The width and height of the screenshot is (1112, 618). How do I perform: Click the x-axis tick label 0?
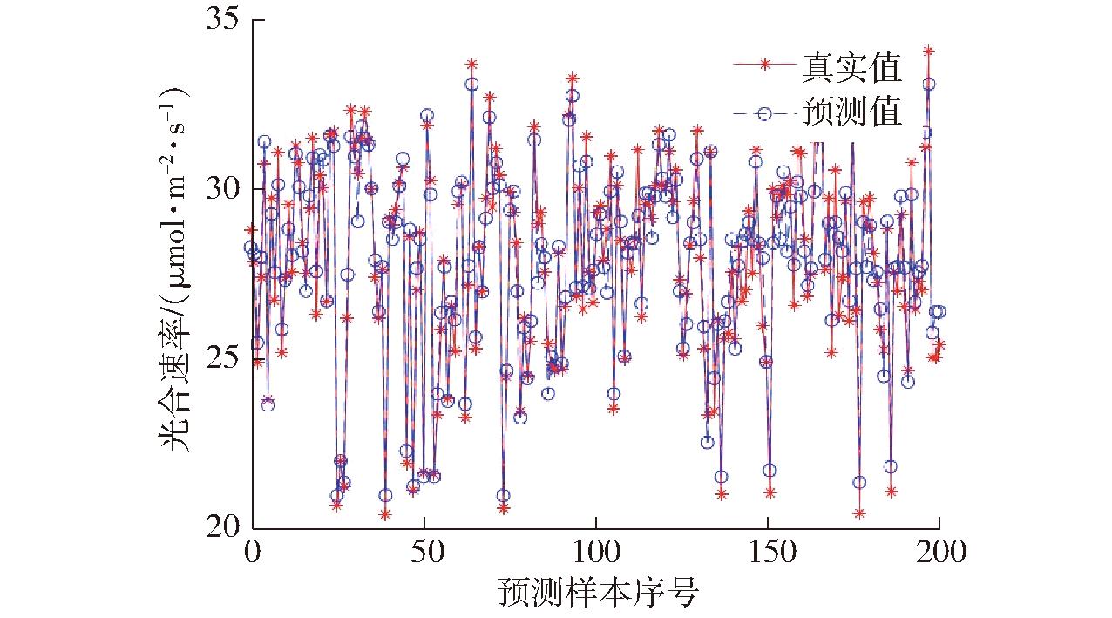pos(252,553)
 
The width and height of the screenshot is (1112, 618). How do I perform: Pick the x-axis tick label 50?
pos(424,553)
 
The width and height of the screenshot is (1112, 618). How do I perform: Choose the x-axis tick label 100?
pos(596,553)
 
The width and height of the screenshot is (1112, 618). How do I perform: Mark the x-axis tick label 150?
pos(768,553)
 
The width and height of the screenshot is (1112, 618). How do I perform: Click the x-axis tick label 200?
pos(939,553)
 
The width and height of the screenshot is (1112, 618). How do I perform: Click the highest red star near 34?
pos(929,51)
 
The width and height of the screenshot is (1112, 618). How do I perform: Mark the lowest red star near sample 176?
pos(859,513)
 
